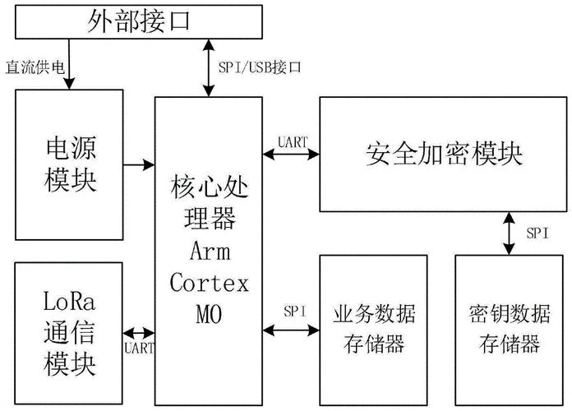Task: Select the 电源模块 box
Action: click(x=70, y=165)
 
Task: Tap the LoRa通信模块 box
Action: click(x=70, y=333)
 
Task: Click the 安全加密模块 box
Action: click(x=443, y=154)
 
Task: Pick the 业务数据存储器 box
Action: click(x=374, y=329)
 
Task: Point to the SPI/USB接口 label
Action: click(x=260, y=67)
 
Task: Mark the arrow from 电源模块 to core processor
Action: click(x=139, y=165)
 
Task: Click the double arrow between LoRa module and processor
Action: click(x=139, y=333)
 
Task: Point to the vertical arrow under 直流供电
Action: click(x=70, y=72)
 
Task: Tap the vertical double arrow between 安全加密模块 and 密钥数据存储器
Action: click(x=510, y=233)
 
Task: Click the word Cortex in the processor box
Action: click(x=209, y=282)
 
